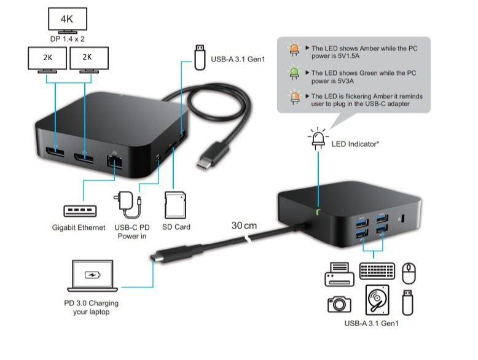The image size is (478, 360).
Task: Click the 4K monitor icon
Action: (68, 20)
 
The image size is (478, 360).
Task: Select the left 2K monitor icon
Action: (47, 59)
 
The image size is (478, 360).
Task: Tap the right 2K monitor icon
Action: (88, 59)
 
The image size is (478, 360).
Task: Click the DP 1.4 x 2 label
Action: (68, 39)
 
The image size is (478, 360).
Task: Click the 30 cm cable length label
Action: (245, 225)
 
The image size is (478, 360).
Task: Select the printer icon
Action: (339, 274)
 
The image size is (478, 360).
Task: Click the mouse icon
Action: (409, 272)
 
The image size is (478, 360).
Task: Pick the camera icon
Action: (339, 303)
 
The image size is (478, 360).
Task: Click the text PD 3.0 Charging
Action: (91, 303)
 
